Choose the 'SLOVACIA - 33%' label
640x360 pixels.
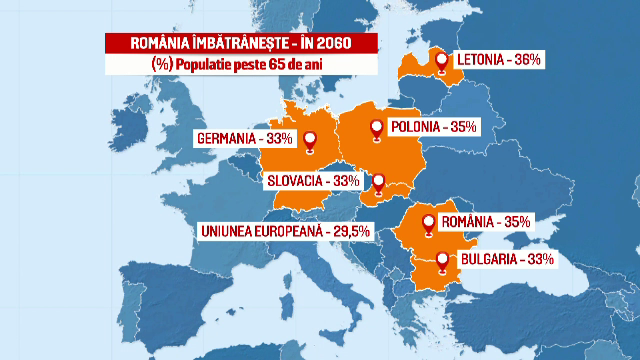[312, 180]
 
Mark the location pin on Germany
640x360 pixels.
[311, 141]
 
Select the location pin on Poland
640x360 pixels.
[377, 128]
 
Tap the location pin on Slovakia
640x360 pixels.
[378, 182]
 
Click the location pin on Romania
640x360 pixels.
[429, 223]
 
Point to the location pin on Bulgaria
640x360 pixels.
[443, 259]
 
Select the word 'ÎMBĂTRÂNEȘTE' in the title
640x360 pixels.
[229, 44]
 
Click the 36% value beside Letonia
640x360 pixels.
[525, 60]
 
